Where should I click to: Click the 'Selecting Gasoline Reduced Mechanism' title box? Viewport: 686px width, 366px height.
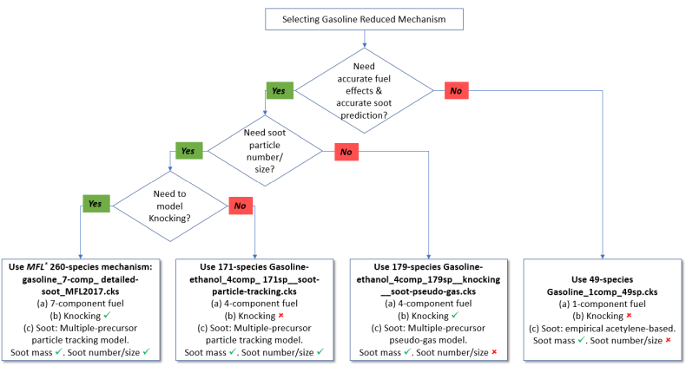[364, 19]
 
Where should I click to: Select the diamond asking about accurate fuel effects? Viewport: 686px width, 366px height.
[364, 89]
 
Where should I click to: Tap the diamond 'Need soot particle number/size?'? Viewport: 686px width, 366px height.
[264, 149]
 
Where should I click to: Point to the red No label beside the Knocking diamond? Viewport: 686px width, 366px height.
[241, 206]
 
